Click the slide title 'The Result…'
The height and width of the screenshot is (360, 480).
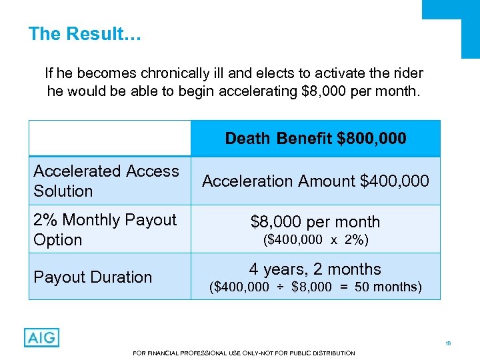click(x=85, y=34)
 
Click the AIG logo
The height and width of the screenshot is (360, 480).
click(x=41, y=337)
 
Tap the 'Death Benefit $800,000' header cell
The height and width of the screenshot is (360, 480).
click(x=315, y=138)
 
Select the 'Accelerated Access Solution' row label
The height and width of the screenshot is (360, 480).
click(x=106, y=181)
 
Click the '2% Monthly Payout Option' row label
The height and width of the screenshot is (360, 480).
click(x=105, y=229)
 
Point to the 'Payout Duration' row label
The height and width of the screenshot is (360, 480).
click(x=93, y=277)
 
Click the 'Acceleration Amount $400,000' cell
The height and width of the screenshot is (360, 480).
click(x=315, y=181)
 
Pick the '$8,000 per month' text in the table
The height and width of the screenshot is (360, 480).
click(x=315, y=222)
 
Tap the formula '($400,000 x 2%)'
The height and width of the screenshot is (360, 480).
click(x=315, y=240)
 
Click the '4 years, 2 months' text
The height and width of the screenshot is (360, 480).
click(x=315, y=269)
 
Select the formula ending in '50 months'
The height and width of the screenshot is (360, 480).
click(x=315, y=287)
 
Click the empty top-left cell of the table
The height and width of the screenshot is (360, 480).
click(x=109, y=138)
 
